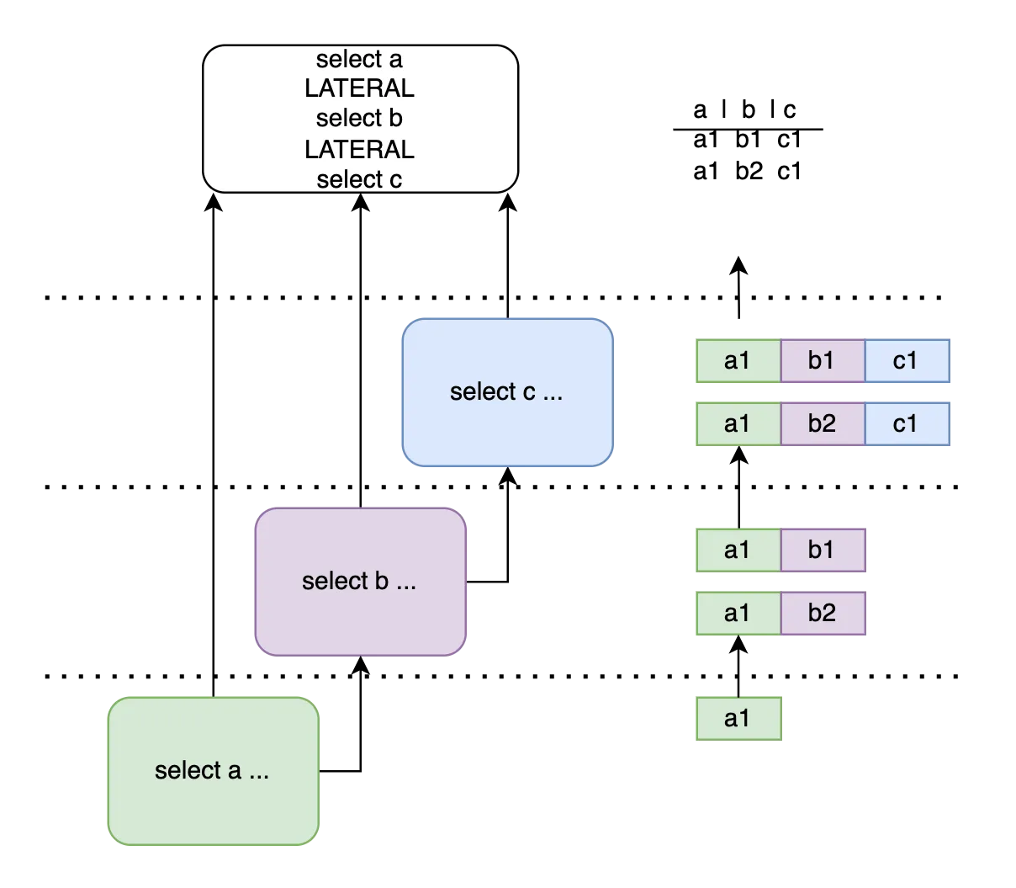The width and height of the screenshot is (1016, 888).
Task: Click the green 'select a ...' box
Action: point(213,770)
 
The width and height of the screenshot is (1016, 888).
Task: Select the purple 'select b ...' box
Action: point(360,581)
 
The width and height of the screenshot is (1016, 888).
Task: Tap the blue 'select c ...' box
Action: point(507,392)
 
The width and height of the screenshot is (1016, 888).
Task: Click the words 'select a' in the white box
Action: point(359,60)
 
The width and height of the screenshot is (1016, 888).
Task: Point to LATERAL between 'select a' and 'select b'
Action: point(359,88)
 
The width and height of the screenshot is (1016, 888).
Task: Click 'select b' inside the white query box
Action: point(359,119)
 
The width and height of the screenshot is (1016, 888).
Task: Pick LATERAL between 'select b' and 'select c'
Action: point(359,150)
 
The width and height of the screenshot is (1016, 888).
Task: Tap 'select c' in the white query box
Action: point(359,179)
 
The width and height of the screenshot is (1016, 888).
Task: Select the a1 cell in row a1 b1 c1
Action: point(738,360)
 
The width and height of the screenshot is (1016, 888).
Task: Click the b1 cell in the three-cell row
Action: point(822,360)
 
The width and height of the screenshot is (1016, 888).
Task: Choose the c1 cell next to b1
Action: point(906,360)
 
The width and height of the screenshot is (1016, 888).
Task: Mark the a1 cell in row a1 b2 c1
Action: point(738,423)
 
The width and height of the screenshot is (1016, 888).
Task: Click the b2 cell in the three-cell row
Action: point(822,423)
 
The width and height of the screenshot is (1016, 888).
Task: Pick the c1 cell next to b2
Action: point(906,423)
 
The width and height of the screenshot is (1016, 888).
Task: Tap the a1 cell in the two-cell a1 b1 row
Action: point(738,550)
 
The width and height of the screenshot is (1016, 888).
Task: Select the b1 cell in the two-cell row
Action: point(822,550)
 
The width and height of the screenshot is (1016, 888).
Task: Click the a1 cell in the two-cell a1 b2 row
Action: point(738,613)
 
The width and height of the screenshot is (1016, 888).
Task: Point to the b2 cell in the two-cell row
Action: point(822,613)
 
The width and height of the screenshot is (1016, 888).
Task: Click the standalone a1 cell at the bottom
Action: point(738,718)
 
